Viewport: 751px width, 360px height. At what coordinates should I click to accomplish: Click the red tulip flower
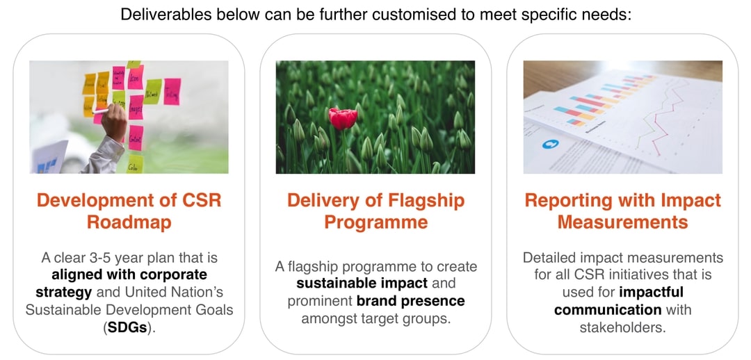click(343, 118)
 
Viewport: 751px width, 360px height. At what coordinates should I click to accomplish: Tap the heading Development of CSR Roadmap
click(129, 211)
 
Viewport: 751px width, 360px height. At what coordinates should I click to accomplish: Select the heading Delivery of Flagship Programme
click(375, 211)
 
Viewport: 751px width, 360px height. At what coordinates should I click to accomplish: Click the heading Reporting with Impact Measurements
click(622, 211)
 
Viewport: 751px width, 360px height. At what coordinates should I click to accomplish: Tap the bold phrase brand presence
click(410, 301)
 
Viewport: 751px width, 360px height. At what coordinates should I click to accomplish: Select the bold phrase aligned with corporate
click(129, 275)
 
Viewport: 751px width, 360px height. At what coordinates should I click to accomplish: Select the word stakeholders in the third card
click(622, 327)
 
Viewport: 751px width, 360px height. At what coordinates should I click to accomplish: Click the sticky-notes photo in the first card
click(129, 117)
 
